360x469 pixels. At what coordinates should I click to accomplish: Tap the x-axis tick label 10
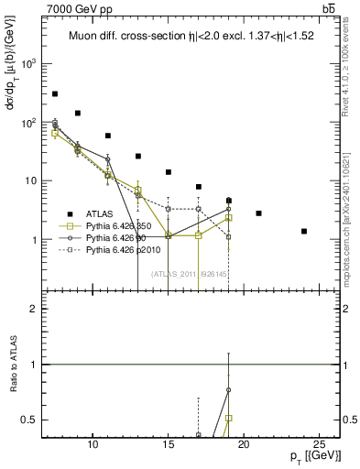click(93, 445)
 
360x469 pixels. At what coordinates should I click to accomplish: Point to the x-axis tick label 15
click(169, 445)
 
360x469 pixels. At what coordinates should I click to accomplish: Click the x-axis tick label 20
click(244, 445)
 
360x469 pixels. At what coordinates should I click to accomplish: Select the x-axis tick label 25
click(319, 445)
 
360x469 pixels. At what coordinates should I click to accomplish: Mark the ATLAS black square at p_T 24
click(304, 231)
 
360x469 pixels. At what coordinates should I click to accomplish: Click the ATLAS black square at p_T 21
click(259, 213)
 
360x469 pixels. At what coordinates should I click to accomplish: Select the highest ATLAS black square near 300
click(55, 93)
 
